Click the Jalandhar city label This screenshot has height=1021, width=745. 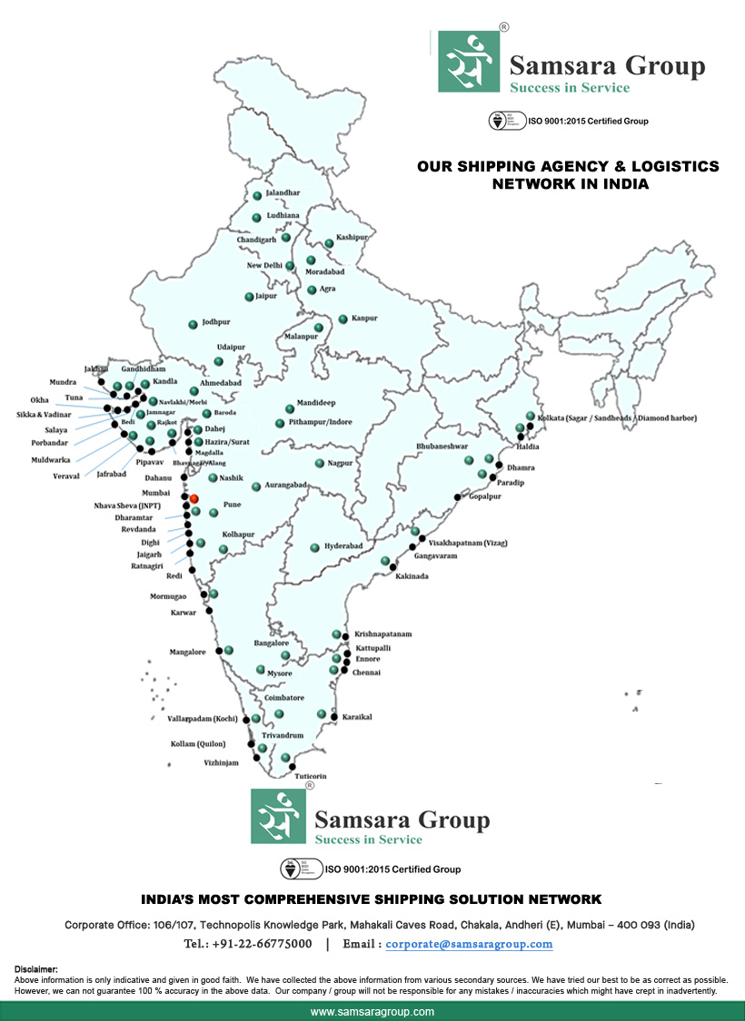click(x=282, y=193)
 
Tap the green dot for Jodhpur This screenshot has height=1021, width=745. click(x=193, y=324)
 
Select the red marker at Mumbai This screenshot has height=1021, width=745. click(x=194, y=498)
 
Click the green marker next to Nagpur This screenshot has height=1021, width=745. click(x=320, y=463)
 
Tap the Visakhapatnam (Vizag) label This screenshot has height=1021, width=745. click(x=467, y=543)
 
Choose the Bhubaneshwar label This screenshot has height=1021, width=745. click(x=442, y=447)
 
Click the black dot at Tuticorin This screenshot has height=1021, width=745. click(x=293, y=768)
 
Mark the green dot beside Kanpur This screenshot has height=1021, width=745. click(x=343, y=319)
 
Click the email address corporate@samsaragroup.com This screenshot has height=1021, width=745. click(x=469, y=944)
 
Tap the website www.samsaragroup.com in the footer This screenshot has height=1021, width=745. click(x=372, y=1011)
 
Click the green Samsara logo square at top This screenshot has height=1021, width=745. click(x=469, y=61)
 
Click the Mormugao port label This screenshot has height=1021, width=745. click(x=168, y=596)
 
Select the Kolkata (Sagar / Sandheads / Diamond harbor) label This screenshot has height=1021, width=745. click(x=617, y=418)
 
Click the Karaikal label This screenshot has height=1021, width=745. click(x=357, y=717)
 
